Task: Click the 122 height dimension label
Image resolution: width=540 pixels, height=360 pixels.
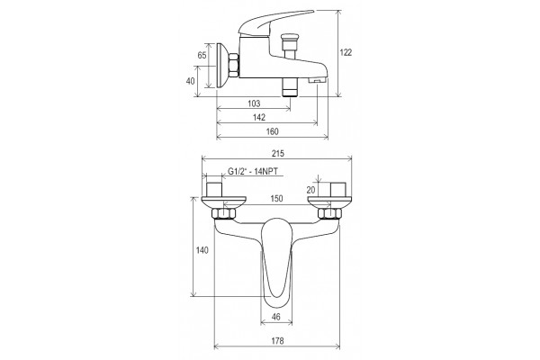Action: [x=346, y=52]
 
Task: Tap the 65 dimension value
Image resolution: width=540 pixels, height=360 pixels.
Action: [x=202, y=55]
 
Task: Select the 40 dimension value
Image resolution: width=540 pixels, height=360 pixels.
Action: [x=190, y=81]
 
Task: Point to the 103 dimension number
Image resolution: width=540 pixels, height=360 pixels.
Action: [x=254, y=103]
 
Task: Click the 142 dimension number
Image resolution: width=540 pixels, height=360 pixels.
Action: [x=259, y=117]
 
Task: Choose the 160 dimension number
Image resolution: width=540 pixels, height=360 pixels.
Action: [x=272, y=131]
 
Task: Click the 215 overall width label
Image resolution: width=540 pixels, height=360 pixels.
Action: [x=278, y=153]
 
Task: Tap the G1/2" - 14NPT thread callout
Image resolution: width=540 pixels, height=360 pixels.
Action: [x=253, y=171]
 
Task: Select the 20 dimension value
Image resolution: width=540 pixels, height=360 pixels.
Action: [x=310, y=190]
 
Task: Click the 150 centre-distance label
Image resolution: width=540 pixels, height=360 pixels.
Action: [x=276, y=198]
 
